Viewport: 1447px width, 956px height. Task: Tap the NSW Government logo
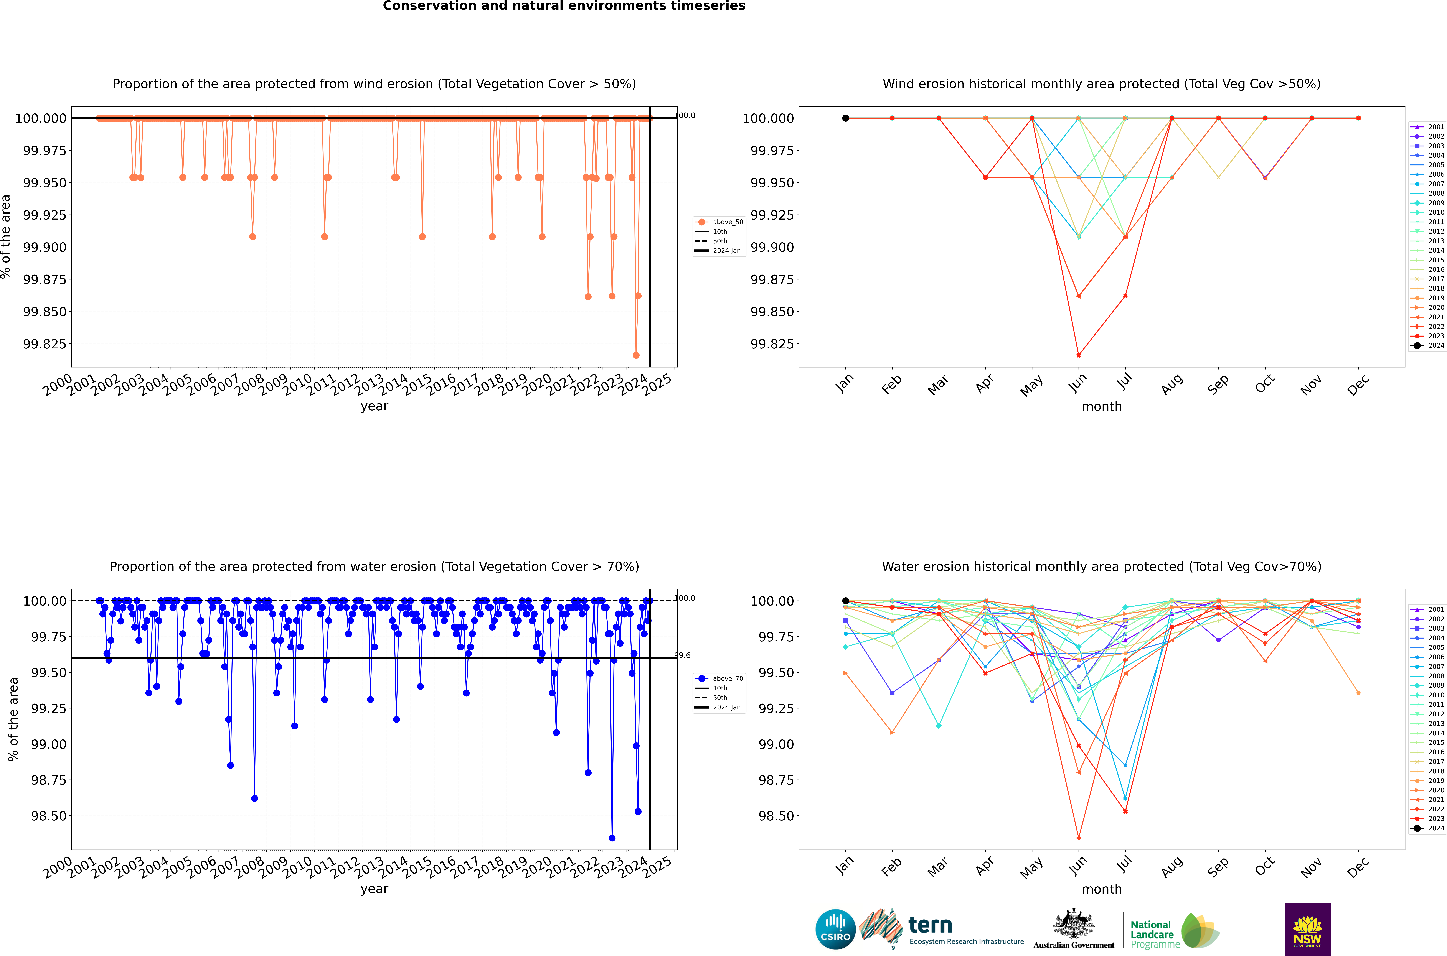click(1307, 929)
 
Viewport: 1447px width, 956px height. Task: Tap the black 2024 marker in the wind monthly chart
click(845, 118)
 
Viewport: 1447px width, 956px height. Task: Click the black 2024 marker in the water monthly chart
click(845, 601)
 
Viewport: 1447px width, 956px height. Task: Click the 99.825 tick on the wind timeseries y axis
click(45, 344)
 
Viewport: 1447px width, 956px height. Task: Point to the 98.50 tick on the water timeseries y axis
click(49, 816)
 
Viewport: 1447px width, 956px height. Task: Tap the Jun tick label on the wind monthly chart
click(1078, 383)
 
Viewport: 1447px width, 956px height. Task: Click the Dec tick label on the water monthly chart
click(1358, 866)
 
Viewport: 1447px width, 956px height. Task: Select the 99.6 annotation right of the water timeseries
click(682, 655)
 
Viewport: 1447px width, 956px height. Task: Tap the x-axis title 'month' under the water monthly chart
click(1101, 889)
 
